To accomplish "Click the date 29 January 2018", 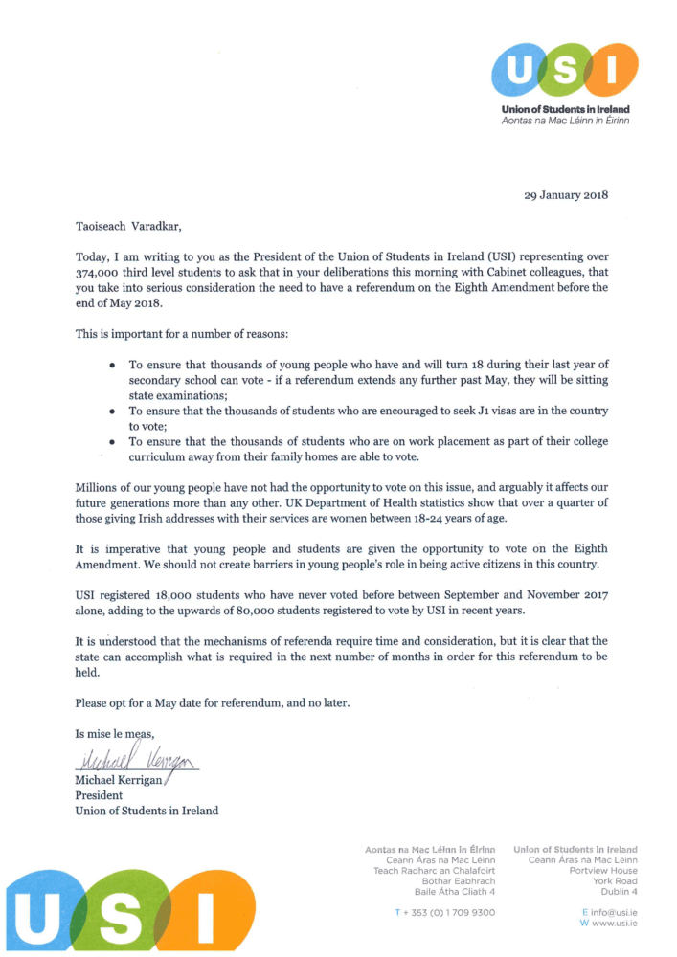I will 566,195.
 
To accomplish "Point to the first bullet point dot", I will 113,365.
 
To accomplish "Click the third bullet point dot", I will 113,441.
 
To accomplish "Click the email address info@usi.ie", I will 613,912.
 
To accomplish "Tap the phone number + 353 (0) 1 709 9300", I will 444,912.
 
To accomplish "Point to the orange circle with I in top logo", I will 612,71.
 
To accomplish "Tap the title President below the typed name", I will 99,794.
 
